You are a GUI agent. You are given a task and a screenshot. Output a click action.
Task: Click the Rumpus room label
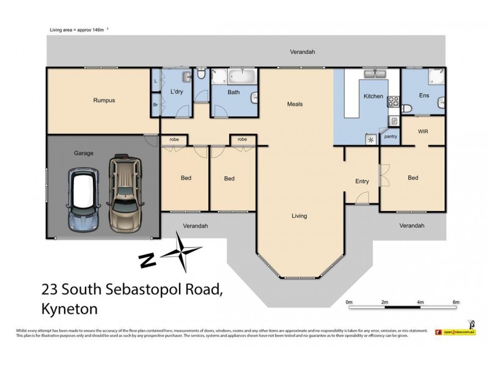pyautogui.click(x=104, y=100)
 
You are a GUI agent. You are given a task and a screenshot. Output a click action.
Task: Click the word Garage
pyautogui.click(x=83, y=153)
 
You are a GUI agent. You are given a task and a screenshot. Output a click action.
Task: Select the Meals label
pyautogui.click(x=295, y=104)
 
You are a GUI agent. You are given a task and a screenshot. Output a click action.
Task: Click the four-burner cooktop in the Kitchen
pyautogui.click(x=393, y=102)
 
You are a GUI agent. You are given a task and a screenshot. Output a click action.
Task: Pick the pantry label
pyautogui.click(x=391, y=136)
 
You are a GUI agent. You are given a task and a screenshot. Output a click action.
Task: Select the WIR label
pyautogui.click(x=423, y=131)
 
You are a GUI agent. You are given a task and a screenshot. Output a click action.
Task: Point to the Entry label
pyautogui.click(x=362, y=181)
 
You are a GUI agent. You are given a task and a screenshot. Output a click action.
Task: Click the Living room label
pyautogui.click(x=299, y=216)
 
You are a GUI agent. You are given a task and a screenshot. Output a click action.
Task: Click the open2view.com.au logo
pyautogui.click(x=455, y=332)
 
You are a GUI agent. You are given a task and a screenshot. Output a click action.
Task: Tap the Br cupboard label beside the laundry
pyautogui.click(x=155, y=105)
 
